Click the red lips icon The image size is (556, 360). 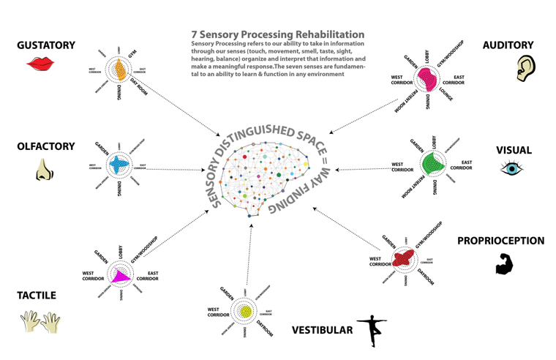click(40, 64)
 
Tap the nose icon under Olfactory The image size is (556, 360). click(44, 171)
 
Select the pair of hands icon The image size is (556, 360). click(40, 320)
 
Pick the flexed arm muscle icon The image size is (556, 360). click(504, 263)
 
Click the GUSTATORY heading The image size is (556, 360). click(46, 45)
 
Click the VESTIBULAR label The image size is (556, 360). click(322, 331)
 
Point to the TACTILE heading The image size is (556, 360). click(37, 296)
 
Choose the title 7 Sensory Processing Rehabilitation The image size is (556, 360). click(277, 34)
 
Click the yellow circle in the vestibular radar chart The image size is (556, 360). click(246, 312)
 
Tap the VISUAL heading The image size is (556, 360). click(514, 149)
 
